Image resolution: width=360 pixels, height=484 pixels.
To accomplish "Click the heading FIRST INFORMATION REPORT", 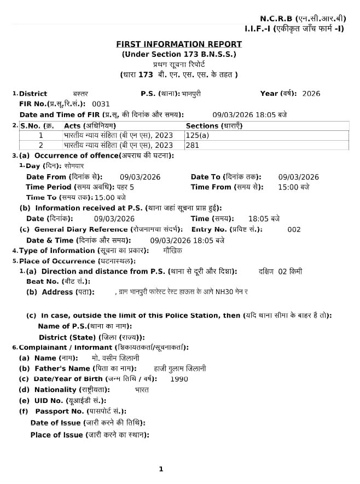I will [x=179, y=44].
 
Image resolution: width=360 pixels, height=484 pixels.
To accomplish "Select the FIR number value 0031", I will [x=101, y=103].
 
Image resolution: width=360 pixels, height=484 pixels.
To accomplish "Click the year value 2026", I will [x=311, y=94].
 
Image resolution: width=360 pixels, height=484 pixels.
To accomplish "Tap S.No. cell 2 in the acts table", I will [x=41, y=145].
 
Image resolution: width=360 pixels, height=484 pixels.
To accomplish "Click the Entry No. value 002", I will [x=294, y=229].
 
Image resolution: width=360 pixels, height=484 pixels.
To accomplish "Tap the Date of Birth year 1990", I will [x=179, y=379].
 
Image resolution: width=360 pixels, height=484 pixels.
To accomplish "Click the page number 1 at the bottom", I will [x=161, y=469].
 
